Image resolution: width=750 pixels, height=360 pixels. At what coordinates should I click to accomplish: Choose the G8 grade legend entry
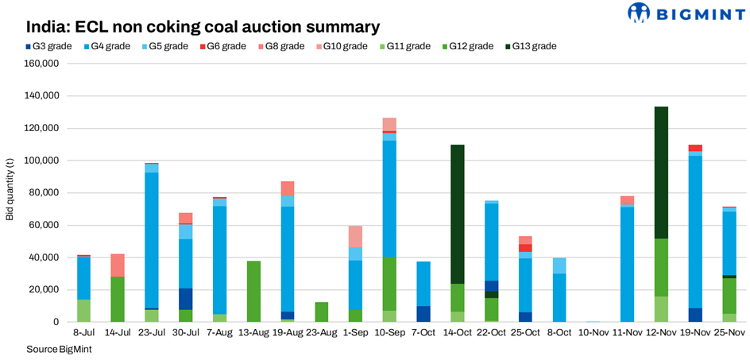click(283, 46)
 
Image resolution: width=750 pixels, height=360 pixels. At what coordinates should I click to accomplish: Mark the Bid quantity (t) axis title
click(10, 192)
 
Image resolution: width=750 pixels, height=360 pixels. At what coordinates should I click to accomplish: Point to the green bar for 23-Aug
click(321, 312)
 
